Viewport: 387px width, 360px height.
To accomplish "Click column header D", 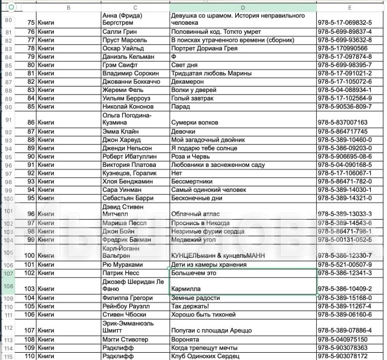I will coord(242,7).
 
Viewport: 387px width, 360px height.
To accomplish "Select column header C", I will coord(135,7).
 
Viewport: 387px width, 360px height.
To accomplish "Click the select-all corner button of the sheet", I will coord(11,7).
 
